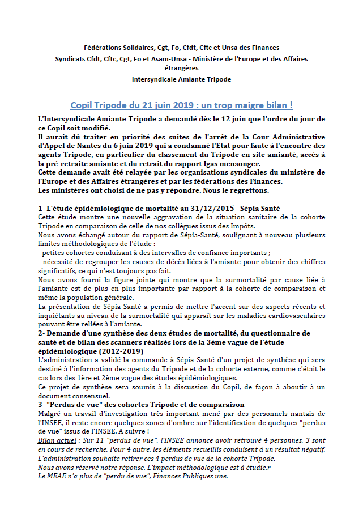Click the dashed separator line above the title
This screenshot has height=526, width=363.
tap(181, 91)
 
